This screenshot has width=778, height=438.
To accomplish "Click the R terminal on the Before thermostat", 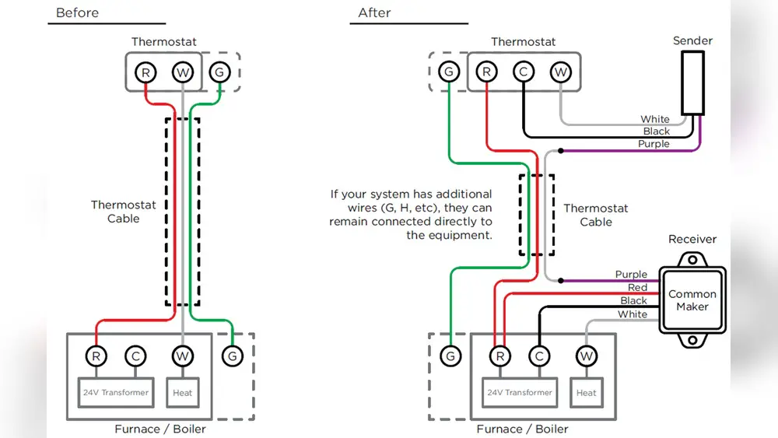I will click(x=145, y=72).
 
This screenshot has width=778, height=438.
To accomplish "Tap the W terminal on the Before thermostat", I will click(x=183, y=72).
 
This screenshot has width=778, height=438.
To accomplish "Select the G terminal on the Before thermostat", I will click(x=219, y=72).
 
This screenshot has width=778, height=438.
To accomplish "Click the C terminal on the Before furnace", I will click(x=135, y=356).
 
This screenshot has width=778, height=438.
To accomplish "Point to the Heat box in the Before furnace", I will click(x=182, y=392).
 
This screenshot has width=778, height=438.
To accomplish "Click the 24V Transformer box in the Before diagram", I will click(x=115, y=392).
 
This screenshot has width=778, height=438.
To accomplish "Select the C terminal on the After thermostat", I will click(x=524, y=72).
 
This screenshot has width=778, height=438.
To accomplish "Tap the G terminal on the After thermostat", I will click(x=448, y=72).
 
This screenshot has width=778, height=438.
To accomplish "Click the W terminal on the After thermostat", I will click(x=560, y=72).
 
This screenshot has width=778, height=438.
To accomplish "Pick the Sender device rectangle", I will click(x=692, y=83).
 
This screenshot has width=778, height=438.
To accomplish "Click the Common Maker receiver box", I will click(x=692, y=300).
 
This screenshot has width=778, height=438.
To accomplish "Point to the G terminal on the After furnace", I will click(x=450, y=356).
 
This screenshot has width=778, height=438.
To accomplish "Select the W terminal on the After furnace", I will click(x=586, y=356).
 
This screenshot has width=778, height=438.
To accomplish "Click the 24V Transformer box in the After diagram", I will click(x=519, y=392).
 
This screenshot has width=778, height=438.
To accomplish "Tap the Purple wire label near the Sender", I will click(x=654, y=144).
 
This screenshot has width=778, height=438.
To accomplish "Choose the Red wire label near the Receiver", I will click(x=637, y=288).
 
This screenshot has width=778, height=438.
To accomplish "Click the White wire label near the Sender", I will click(x=654, y=119).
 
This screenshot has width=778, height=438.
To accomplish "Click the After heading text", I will click(x=373, y=13).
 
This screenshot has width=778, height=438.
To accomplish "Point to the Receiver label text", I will click(x=692, y=239).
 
